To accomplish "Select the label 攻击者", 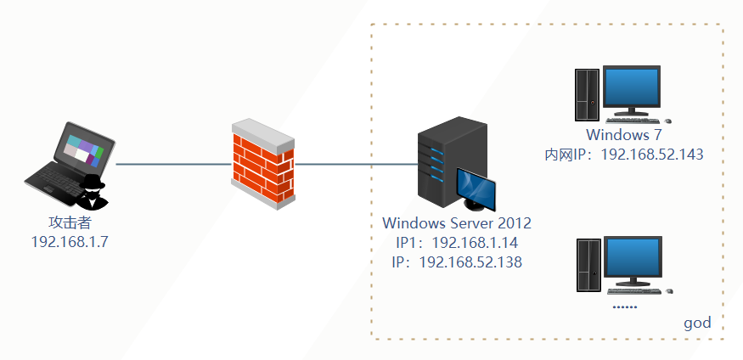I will click(70, 222).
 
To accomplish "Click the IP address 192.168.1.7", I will click(70, 241).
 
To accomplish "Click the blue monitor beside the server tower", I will click(476, 189).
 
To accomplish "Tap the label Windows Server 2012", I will click(457, 224).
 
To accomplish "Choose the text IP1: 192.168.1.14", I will click(457, 243).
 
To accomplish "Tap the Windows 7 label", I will click(623, 136).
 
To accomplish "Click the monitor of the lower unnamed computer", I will click(633, 262).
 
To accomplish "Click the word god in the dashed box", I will click(697, 323).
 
